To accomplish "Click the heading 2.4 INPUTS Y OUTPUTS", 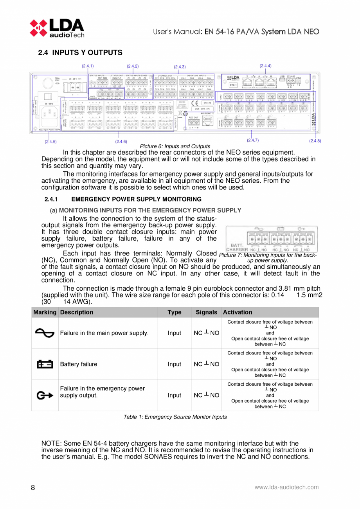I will coord(80,52).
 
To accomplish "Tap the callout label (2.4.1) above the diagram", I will coord(88,66).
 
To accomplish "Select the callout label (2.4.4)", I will coord(265,66).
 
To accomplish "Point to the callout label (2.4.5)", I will coord(50,141).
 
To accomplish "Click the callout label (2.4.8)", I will coord(315,140).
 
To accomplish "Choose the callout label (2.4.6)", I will coord(121,141).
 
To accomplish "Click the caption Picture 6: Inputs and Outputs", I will coord(172,146).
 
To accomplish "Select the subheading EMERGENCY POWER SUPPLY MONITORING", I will coord(136,200).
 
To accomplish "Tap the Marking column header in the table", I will coord(45,312).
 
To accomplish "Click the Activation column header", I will coord(237,312).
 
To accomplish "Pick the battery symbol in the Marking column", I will coord(45,364).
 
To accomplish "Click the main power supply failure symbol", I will coord(45,333).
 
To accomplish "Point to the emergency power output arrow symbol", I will coord(45,396).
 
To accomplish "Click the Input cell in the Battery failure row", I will coord(174,364).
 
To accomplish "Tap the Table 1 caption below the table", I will coord(175,417).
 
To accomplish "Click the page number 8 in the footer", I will coord(33,487).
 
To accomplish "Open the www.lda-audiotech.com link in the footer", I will coord(286,487).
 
